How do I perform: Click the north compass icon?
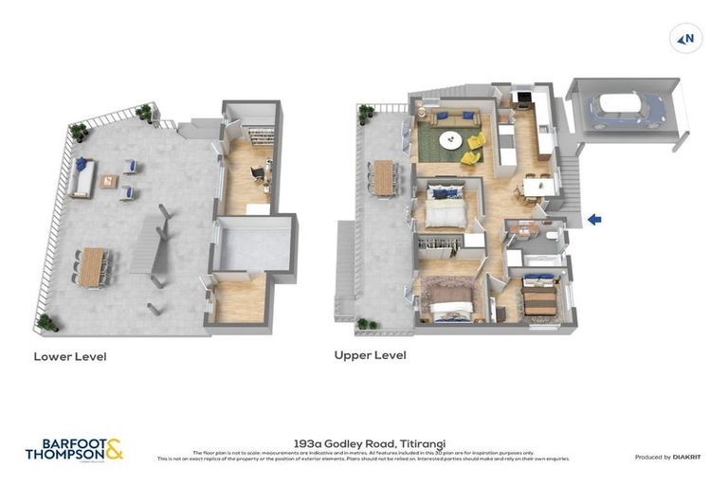[685, 39]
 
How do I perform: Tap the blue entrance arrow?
[594, 220]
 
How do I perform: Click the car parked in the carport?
[627, 109]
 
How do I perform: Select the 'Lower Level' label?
[70, 357]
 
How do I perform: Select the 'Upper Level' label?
[370, 355]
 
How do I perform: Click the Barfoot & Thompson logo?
[74, 449]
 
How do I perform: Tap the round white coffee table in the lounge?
[450, 140]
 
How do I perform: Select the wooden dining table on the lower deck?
[91, 266]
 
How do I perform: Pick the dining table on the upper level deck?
[384, 177]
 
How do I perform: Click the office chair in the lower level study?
[257, 172]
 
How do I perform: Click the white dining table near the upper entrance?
[536, 187]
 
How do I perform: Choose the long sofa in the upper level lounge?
[452, 118]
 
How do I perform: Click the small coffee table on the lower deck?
[108, 181]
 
